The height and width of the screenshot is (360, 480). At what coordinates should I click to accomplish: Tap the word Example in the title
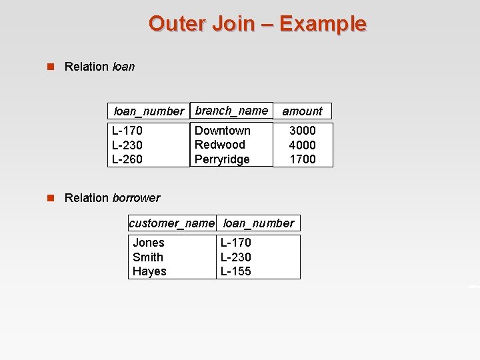pos(323,24)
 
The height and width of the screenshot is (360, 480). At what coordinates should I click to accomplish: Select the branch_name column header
pos(231,111)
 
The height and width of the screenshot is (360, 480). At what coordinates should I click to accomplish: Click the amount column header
pos(302,111)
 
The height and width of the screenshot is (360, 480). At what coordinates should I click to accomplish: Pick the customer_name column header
pos(171,223)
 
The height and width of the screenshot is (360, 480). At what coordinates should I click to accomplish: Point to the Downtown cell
pos(222,131)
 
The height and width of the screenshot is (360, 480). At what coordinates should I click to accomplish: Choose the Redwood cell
pos(219,145)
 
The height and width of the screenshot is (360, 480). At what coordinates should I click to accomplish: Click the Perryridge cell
pos(222,159)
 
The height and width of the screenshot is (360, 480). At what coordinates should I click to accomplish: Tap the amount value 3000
pos(302,131)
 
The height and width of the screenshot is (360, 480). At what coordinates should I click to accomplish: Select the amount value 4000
pos(302,145)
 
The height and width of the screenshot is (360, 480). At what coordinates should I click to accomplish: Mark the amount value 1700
pos(302,159)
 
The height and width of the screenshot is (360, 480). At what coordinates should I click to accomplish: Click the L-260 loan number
pos(127,159)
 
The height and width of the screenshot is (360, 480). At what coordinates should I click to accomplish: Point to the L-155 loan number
pos(236,271)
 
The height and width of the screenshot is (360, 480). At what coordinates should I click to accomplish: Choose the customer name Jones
pos(149,243)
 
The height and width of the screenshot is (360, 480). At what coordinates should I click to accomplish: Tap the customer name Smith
pos(148,257)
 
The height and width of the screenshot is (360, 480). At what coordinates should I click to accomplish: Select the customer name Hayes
pos(149,271)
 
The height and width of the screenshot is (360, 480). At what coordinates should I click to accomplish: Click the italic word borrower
pos(136,198)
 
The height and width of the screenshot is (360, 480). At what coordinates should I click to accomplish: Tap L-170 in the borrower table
pos(236,243)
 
